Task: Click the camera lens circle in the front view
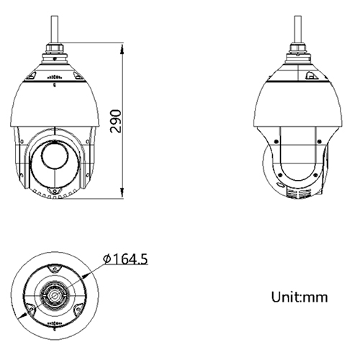pos(55,158)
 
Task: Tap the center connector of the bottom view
pos(55,293)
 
